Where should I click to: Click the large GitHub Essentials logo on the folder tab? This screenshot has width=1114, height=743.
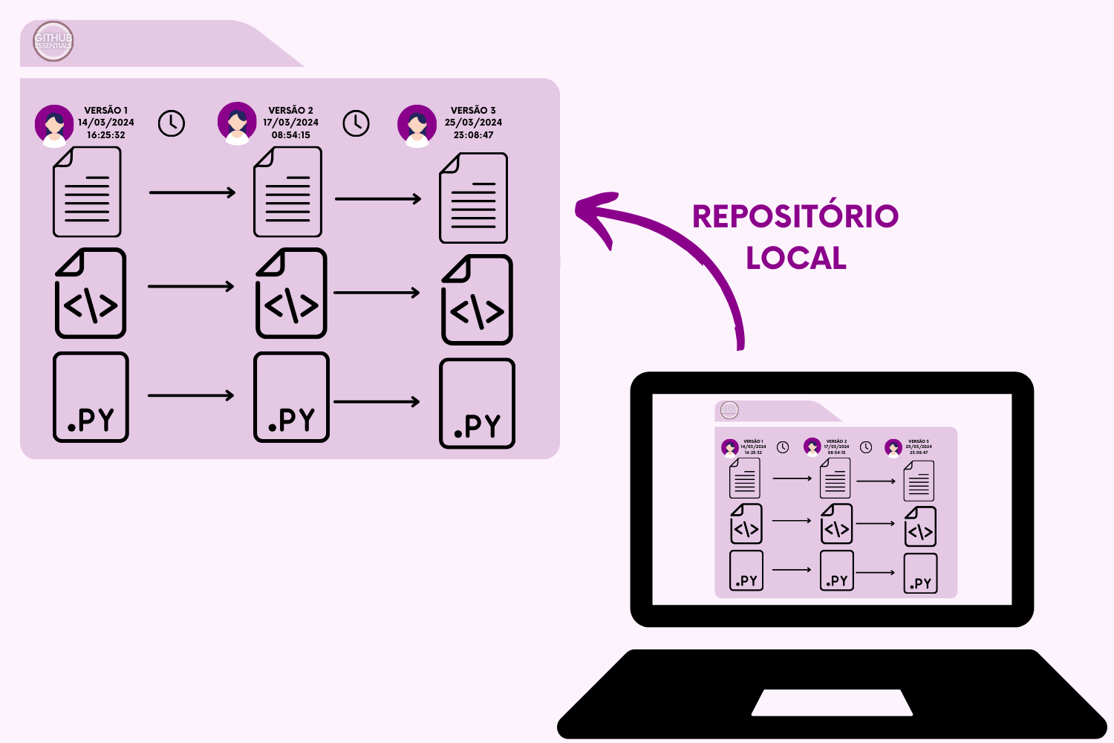click(53, 41)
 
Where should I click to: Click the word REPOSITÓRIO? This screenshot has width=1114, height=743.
click(795, 216)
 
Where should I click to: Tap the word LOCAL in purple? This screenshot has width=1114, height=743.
click(796, 259)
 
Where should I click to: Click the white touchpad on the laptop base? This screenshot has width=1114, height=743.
click(832, 702)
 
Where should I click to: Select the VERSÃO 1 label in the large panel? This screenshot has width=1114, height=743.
click(106, 110)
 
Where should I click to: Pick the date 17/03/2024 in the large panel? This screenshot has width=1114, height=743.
click(290, 123)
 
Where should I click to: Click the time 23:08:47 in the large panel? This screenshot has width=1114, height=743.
click(473, 135)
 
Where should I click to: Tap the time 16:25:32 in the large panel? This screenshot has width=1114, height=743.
click(106, 135)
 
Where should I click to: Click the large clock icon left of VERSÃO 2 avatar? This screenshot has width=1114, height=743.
click(172, 123)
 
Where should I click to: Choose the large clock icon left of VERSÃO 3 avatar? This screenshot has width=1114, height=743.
click(356, 123)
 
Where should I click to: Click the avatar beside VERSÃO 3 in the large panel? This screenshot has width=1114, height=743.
click(417, 125)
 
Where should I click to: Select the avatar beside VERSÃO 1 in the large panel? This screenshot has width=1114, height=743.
click(54, 125)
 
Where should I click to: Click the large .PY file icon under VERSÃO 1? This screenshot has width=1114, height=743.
click(91, 398)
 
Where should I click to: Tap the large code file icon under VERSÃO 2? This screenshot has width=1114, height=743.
click(291, 293)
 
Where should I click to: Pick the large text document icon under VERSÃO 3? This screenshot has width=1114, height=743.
click(474, 198)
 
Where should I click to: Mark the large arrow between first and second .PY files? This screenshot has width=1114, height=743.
click(191, 395)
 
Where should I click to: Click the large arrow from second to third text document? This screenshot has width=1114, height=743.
click(378, 199)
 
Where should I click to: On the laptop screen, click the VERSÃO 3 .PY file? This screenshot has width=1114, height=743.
click(920, 574)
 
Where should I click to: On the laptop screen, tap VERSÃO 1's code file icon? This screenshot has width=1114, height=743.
click(746, 524)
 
